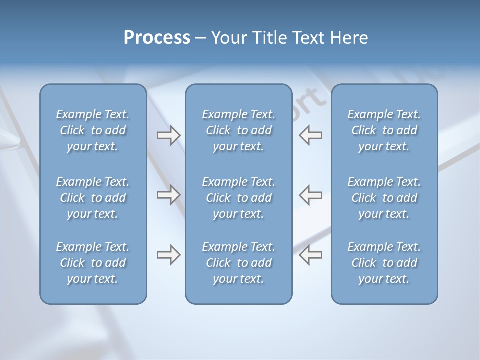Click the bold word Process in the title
pos(157,38)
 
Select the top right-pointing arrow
pos(168,135)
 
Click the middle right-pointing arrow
pos(168,195)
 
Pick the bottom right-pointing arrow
pos(168,255)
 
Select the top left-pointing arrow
pos(311,135)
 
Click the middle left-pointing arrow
pos(311,195)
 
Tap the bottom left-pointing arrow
pos(311,255)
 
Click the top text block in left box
pos(93,130)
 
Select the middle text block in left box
pos(93,198)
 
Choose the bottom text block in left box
pos(93,263)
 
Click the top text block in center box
pos(238,130)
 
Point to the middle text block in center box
pos(238,198)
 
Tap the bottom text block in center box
pos(238,263)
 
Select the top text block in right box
pos(384,130)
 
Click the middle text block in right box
pos(384,198)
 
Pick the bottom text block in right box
pos(384,263)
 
